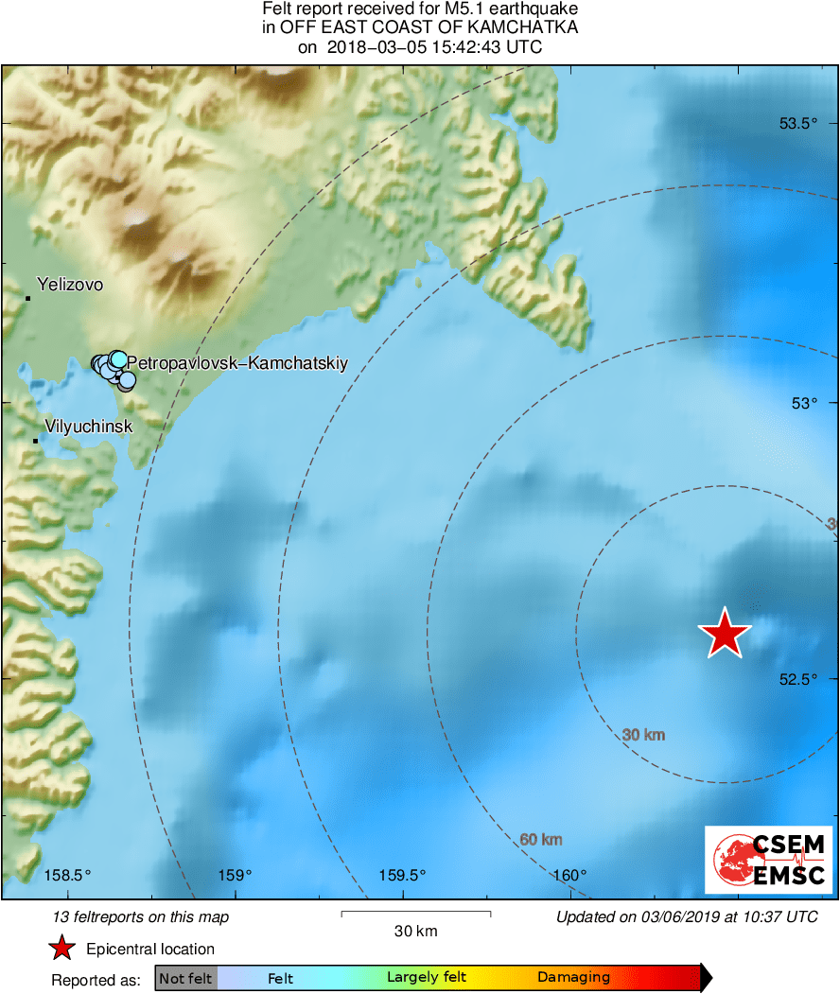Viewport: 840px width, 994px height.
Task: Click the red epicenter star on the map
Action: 725,633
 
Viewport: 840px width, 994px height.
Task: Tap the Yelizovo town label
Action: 70,284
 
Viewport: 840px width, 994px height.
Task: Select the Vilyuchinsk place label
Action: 89,427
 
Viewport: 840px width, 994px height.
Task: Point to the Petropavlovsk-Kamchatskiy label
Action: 237,362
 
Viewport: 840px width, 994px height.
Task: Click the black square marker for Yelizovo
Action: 28,299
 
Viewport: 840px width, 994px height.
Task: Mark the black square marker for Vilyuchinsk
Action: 36,441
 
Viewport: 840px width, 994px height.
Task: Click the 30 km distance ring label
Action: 644,735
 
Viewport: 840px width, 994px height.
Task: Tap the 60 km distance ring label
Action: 541,839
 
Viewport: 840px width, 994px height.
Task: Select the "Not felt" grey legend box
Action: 186,978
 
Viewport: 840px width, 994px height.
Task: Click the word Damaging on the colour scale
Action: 574,978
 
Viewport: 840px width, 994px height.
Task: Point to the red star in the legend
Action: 61,949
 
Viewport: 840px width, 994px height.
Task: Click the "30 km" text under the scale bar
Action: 415,932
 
